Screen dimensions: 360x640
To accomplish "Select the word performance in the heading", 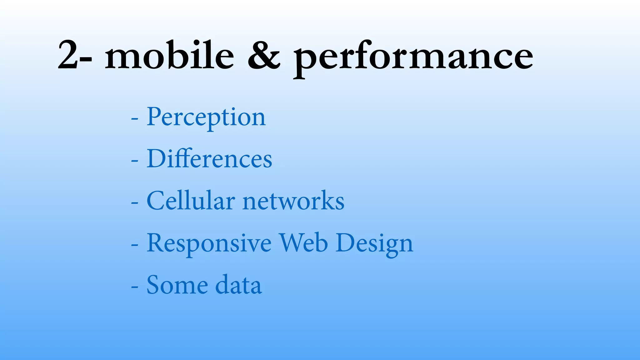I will coord(413,58).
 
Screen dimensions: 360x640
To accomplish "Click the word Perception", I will coord(206,117).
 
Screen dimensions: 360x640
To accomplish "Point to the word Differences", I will coord(209,159).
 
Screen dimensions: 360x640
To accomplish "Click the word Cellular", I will coord(191,201).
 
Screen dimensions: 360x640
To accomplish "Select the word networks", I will coord(293,201).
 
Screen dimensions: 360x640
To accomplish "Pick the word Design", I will coord(374,244).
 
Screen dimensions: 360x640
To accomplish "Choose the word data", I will coord(238,285).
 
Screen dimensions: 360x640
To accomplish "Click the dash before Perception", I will coord(135,119).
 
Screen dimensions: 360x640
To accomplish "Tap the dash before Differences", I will coord(135,161).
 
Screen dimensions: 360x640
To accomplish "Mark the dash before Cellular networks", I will coord(135,203).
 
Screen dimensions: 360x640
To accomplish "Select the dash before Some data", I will coord(135,287).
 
